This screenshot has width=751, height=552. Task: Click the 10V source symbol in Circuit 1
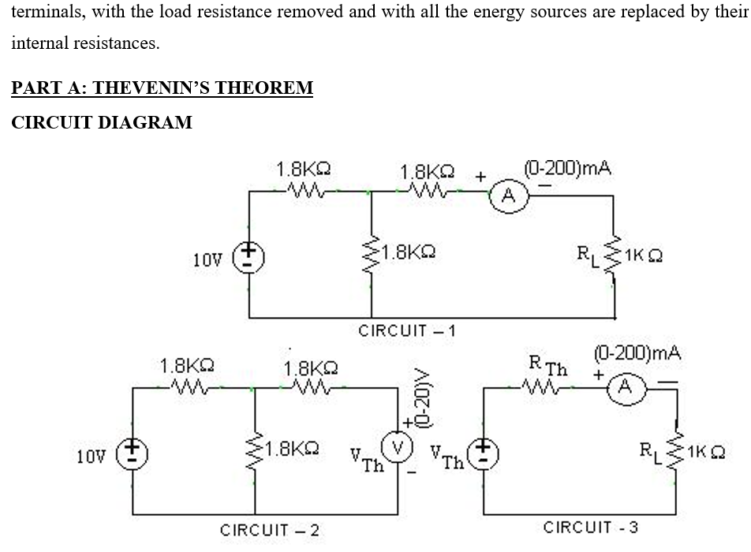point(250,258)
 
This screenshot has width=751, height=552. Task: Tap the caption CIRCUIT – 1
point(407,330)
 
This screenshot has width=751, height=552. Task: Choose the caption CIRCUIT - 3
point(591,527)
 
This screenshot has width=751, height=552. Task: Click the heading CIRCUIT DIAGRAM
point(102,122)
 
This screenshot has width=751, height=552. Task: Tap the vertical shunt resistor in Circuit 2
point(255,453)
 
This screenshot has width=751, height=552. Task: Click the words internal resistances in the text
point(85,43)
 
